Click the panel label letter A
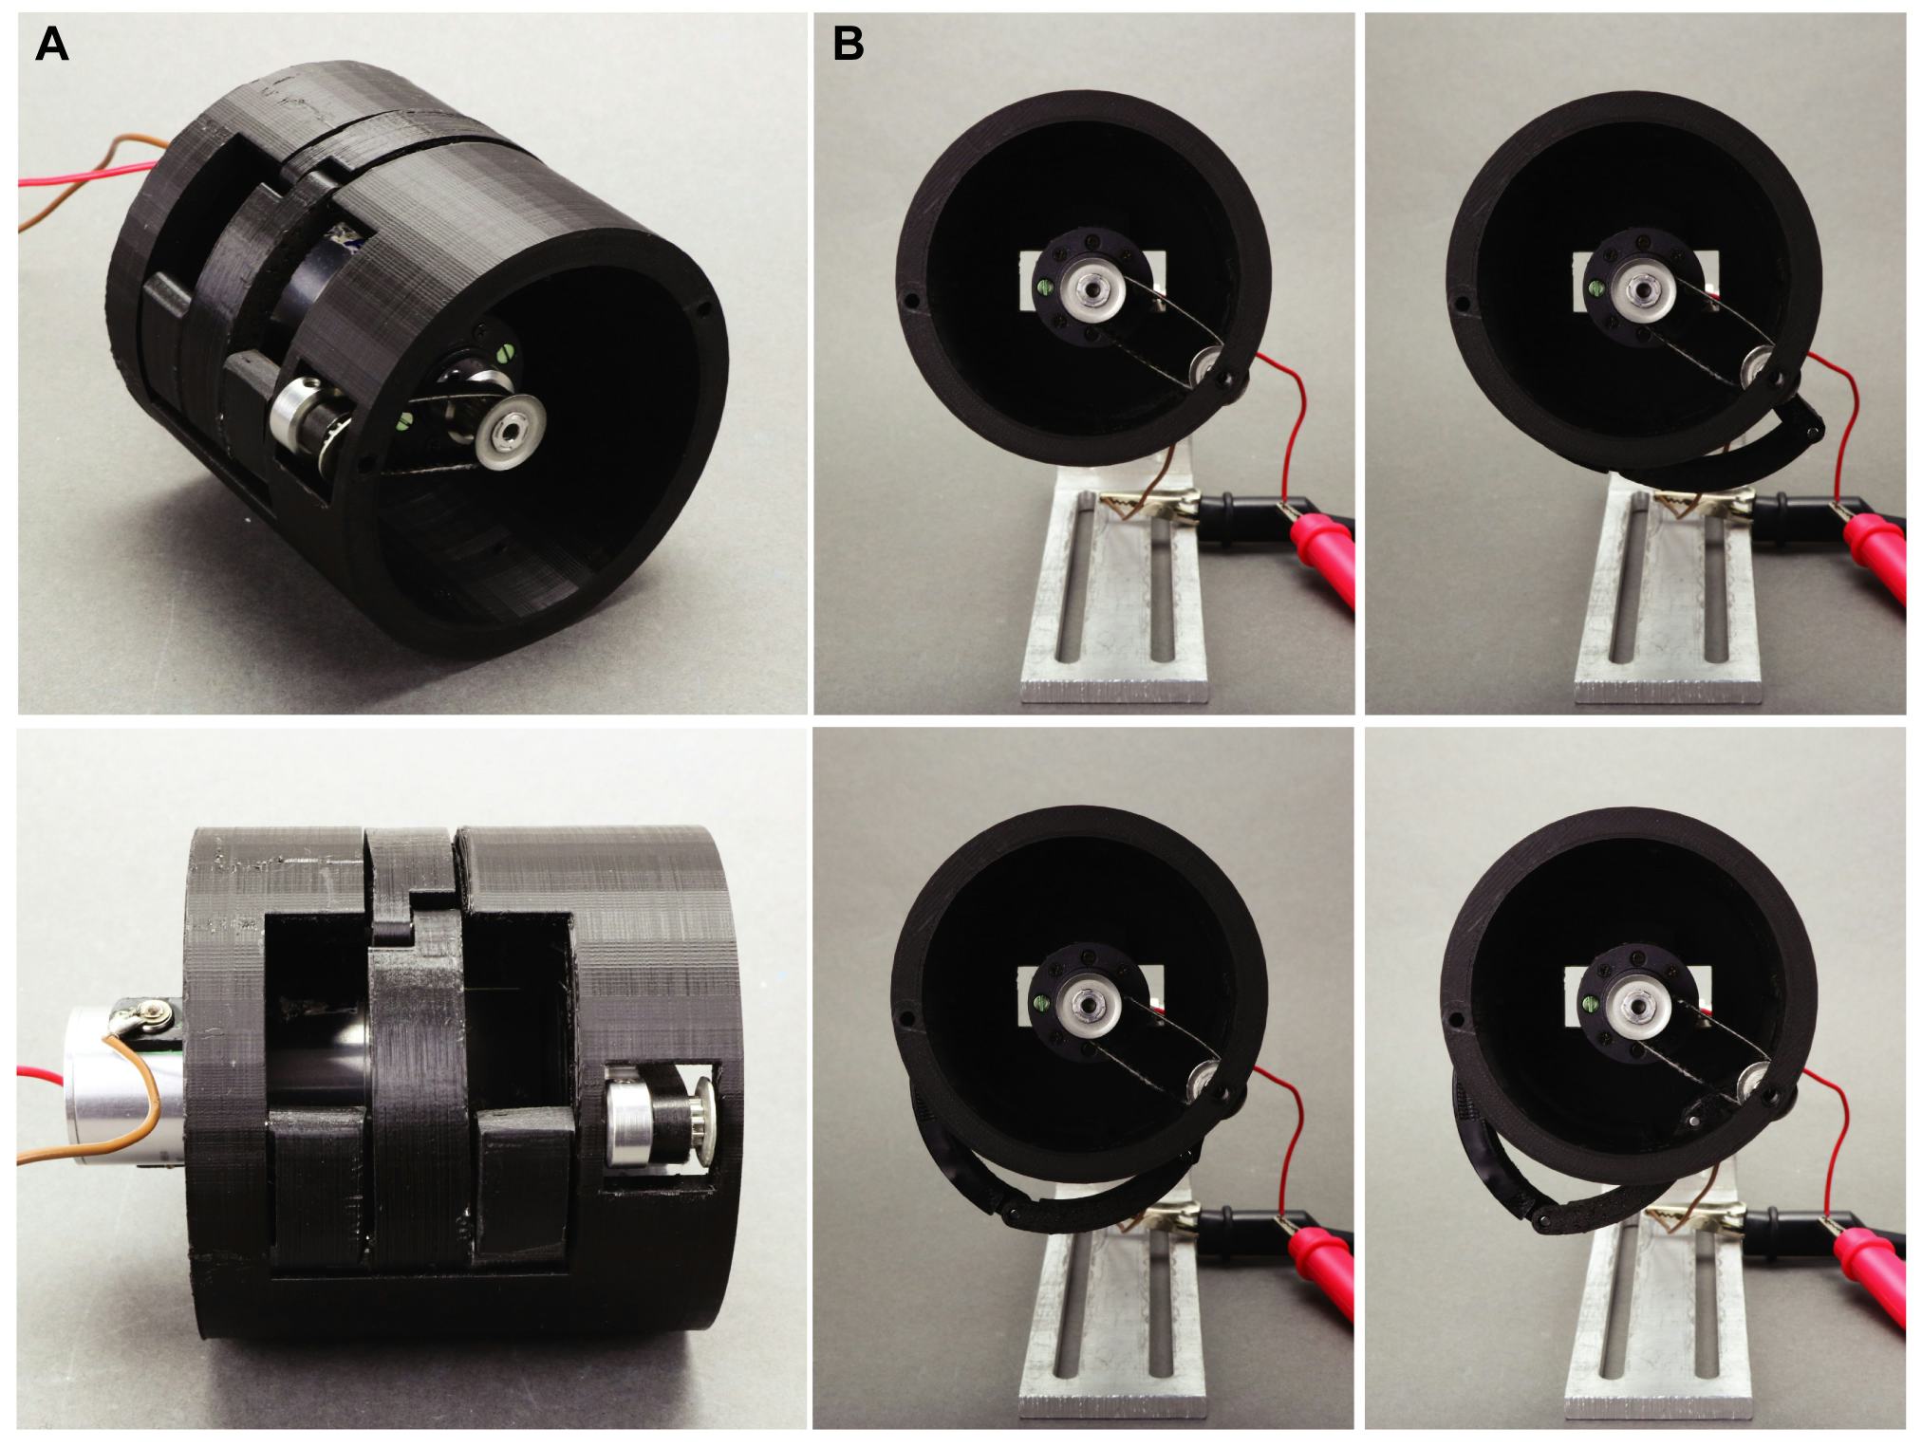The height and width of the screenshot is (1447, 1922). (x=51, y=45)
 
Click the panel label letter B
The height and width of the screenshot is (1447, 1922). (x=848, y=45)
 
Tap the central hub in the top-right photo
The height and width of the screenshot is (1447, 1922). (x=1640, y=287)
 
